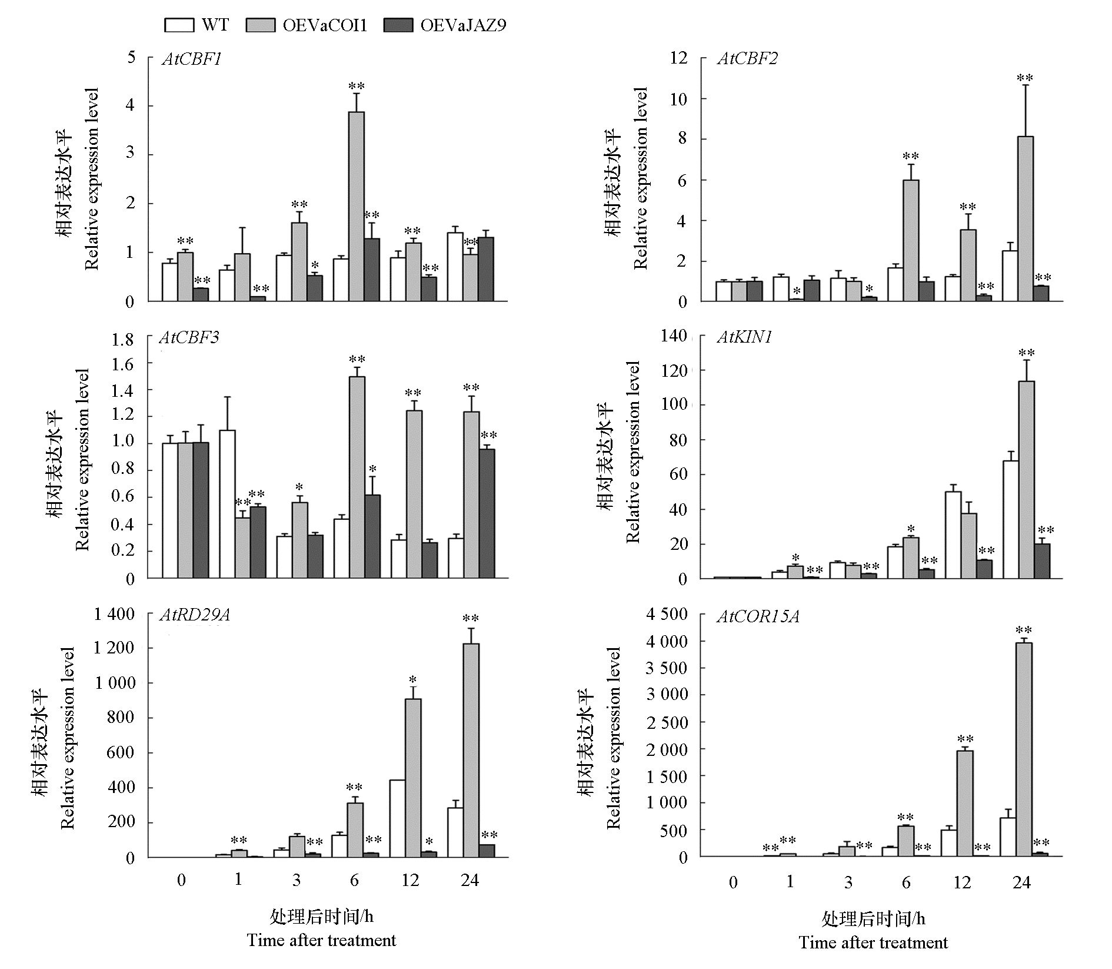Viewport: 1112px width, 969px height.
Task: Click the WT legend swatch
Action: click(179, 25)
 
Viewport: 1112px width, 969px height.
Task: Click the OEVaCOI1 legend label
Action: click(325, 25)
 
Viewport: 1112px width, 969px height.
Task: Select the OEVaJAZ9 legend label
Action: click(463, 25)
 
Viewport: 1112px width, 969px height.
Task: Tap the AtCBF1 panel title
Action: click(191, 59)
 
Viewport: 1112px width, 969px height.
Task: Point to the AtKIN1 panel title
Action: click(744, 337)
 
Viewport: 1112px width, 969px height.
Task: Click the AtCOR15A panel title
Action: click(758, 616)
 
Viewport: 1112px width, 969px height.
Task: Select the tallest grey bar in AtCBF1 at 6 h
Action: click(356, 206)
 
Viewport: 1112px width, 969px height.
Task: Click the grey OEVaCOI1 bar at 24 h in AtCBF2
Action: click(1025, 218)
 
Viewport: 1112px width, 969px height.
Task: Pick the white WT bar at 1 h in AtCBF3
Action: click(227, 503)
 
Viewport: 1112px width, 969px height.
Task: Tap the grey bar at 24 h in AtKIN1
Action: click(1026, 479)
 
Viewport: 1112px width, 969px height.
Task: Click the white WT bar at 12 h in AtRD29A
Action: click(397, 818)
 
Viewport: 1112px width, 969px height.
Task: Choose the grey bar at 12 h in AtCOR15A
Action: click(964, 803)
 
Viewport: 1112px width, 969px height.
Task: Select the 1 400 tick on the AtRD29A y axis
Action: click(114, 615)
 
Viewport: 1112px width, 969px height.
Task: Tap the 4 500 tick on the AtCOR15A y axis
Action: click(666, 615)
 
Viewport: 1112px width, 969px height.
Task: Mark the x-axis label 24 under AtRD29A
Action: click(470, 880)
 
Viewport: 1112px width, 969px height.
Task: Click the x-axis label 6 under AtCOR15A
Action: click(905, 882)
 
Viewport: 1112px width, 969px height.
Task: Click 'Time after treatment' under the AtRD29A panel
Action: click(321, 940)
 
